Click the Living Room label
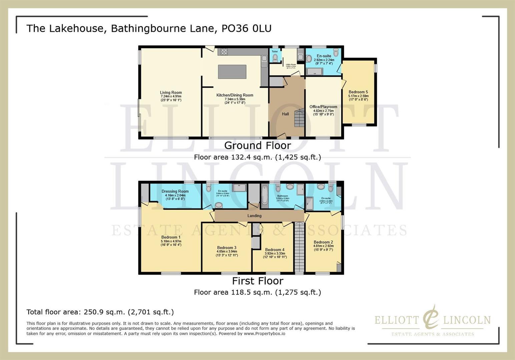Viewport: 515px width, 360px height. [171, 93]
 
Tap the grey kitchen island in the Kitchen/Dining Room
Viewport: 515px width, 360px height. [232, 72]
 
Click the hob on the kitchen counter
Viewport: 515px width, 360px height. [223, 52]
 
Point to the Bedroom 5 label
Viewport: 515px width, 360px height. [358, 92]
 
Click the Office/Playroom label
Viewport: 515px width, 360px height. [323, 107]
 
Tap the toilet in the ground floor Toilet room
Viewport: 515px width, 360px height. [275, 58]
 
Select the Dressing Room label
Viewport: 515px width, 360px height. [175, 191]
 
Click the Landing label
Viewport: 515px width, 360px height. [254, 216]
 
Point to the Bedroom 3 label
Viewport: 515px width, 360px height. [226, 248]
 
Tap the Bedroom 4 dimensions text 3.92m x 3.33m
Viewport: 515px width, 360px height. [275, 253]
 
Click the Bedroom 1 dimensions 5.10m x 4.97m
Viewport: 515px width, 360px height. [171, 241]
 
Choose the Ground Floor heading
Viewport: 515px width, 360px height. [257, 145]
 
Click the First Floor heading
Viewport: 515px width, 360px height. [257, 281]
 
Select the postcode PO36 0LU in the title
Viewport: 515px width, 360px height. [246, 28]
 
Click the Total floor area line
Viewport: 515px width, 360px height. [100, 312]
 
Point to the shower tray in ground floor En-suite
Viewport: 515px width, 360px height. [315, 71]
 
